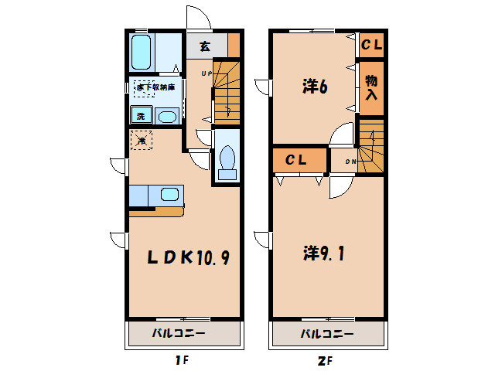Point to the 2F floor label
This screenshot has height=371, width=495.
(325, 359)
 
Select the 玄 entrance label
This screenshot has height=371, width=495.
(204, 46)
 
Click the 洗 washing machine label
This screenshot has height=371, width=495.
(141, 116)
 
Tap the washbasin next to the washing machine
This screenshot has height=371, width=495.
(166, 117)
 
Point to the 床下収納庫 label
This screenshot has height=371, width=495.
(155, 87)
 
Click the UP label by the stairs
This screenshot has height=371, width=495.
(207, 73)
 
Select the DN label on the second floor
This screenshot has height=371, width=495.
(350, 162)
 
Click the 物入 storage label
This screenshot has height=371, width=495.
(371, 87)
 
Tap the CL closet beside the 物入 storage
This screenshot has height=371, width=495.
(371, 45)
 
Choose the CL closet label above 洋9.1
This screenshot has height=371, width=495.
(297, 162)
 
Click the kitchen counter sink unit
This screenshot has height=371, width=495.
(155, 196)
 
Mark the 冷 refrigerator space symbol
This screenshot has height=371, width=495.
(141, 141)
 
